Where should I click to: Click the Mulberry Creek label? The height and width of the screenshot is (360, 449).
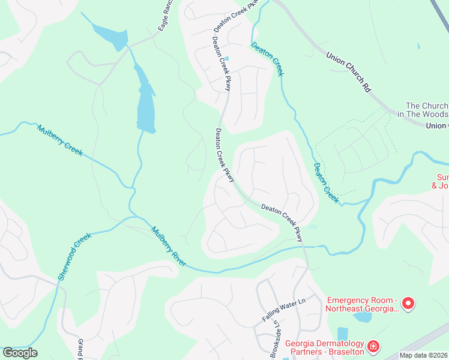59,139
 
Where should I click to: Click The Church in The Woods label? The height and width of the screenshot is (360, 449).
427,110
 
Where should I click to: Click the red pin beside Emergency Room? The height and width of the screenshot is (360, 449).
408,303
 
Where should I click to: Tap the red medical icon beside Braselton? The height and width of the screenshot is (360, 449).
373,347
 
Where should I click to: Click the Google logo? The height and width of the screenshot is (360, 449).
20,353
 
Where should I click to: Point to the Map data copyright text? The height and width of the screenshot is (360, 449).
424,355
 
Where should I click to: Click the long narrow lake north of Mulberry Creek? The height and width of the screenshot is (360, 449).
146,102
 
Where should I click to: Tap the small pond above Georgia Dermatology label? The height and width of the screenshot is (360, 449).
343,334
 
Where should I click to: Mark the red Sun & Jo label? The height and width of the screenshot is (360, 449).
442,181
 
